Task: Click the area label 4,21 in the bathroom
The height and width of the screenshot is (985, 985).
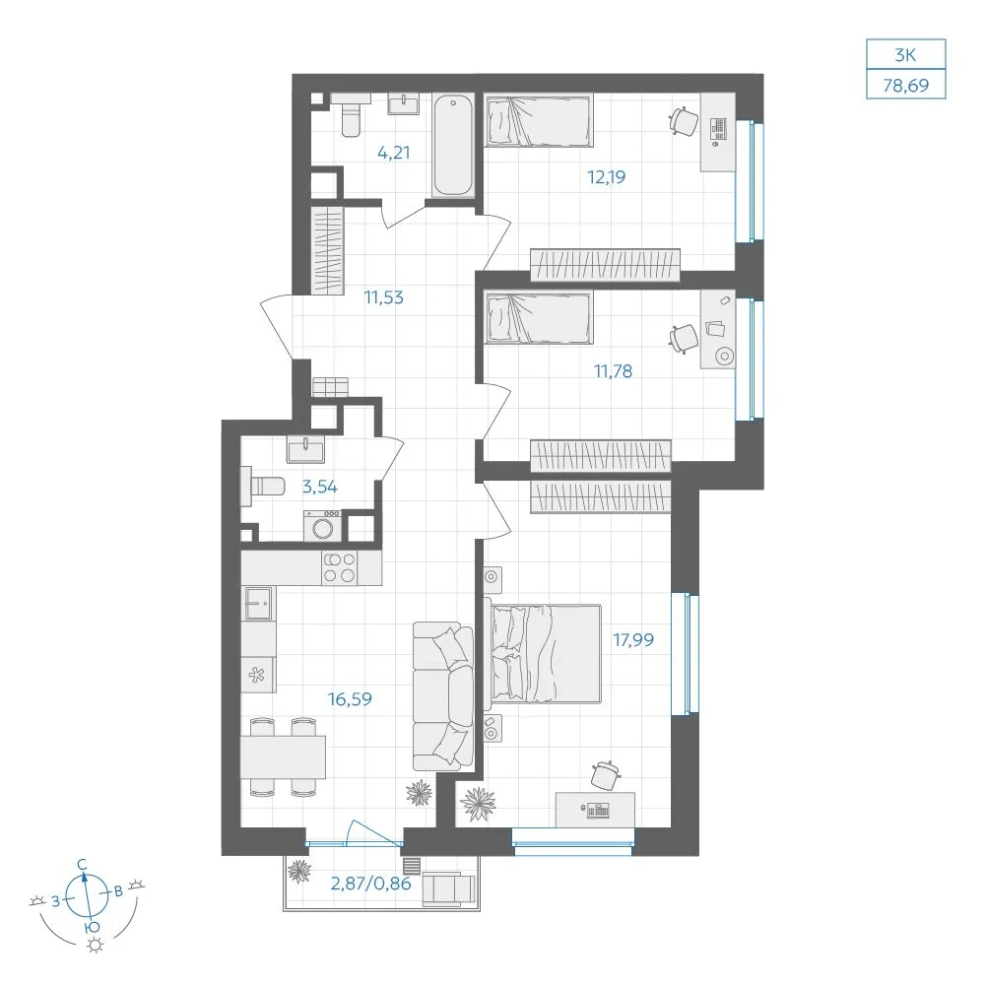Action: click(x=394, y=152)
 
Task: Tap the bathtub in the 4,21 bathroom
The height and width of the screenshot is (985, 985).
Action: click(x=453, y=146)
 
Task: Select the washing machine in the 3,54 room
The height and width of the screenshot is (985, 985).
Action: click(x=323, y=526)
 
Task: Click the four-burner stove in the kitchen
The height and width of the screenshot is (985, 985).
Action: click(x=339, y=568)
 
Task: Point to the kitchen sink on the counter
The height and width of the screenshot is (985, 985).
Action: click(x=258, y=603)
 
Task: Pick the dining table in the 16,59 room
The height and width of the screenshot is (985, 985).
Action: click(x=283, y=756)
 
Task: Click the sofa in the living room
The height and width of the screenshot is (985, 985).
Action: click(x=443, y=696)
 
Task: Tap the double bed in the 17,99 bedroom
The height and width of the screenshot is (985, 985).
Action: click(x=544, y=653)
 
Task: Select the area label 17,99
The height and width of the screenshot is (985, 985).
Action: click(x=633, y=640)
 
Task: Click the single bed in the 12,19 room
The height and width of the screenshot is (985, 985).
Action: click(x=539, y=120)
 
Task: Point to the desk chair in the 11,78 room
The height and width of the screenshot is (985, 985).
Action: click(x=684, y=339)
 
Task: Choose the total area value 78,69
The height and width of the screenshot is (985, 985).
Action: click(x=906, y=85)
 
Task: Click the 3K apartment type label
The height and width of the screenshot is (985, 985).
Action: click(x=906, y=54)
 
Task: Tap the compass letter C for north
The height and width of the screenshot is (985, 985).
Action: click(x=83, y=865)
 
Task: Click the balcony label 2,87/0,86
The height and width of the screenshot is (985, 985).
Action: click(x=370, y=884)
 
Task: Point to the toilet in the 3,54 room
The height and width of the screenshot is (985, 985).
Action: click(x=263, y=486)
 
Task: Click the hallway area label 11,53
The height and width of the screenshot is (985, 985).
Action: click(x=384, y=297)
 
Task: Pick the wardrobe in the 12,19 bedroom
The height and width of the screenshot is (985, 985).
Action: click(x=605, y=264)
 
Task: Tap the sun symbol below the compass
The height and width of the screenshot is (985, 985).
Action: click(x=96, y=946)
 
